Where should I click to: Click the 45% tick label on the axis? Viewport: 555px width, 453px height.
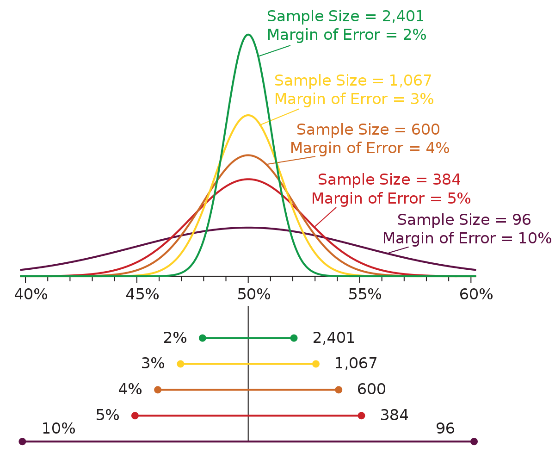point(142,294)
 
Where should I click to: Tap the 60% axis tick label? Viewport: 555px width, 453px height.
point(476,294)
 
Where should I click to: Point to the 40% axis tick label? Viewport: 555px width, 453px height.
point(31,294)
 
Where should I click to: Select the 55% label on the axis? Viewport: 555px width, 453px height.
point(365,294)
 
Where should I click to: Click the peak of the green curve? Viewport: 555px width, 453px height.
point(248,35)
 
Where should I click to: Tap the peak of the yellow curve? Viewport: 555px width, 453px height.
point(248,115)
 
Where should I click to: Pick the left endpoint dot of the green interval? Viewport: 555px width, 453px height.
point(203,338)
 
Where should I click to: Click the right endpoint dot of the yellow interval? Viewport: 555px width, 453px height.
point(316,364)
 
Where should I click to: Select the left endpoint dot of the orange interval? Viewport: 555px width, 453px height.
point(158,390)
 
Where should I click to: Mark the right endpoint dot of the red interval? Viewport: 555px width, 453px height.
point(361,416)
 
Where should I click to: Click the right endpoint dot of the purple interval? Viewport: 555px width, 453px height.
point(474,441)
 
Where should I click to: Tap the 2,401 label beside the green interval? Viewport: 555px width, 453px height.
point(333,338)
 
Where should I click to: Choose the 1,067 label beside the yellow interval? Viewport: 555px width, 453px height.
point(356,364)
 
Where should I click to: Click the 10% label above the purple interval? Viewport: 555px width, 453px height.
point(58,429)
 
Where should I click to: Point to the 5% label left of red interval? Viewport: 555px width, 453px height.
point(107,416)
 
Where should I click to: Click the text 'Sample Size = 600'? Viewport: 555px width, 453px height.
point(368,130)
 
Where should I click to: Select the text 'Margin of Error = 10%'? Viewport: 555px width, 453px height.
point(467,238)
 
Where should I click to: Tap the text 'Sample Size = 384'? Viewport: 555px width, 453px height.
point(389,180)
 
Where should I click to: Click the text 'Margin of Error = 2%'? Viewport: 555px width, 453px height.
point(346,35)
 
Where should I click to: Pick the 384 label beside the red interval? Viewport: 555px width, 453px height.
point(394,416)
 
